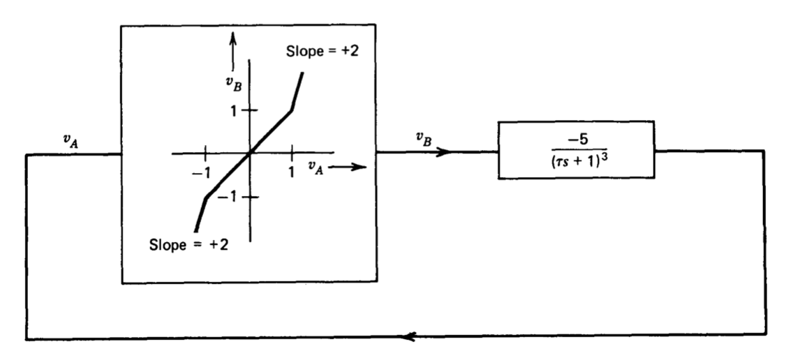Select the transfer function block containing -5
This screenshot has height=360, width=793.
[575, 149]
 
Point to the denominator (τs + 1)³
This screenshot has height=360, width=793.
[576, 162]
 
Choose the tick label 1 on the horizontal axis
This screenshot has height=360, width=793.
[292, 171]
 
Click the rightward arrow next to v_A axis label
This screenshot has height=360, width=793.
[349, 167]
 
